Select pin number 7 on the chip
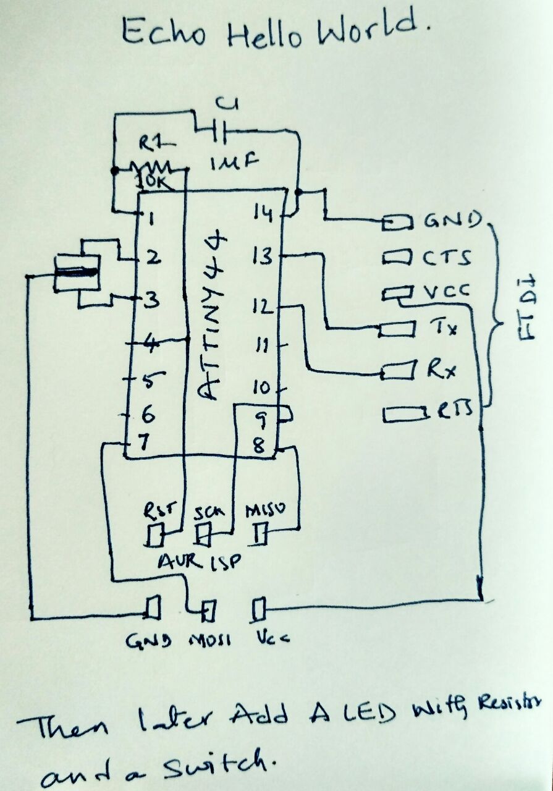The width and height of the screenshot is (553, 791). (144, 442)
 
